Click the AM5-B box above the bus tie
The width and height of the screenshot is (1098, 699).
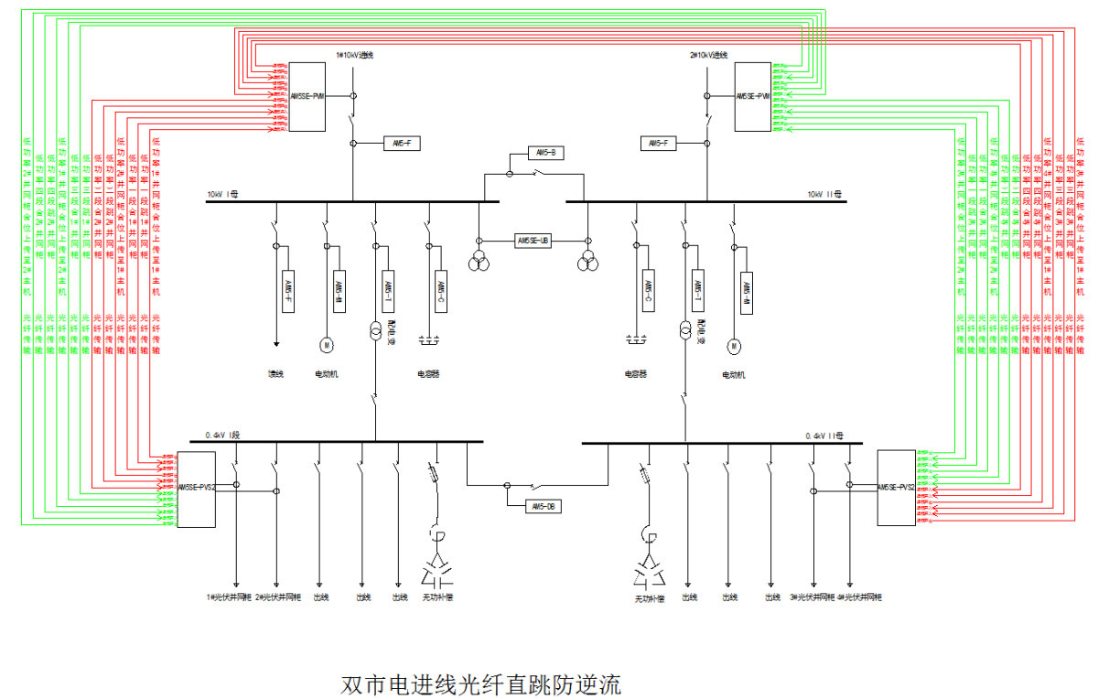(x=545, y=152)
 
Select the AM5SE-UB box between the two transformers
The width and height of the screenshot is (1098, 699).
(x=533, y=241)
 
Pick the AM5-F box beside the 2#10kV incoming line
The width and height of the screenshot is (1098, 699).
(x=658, y=144)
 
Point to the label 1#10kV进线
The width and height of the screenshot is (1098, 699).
(x=355, y=55)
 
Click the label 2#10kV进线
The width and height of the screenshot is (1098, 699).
(x=709, y=55)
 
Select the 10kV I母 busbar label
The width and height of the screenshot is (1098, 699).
(x=222, y=194)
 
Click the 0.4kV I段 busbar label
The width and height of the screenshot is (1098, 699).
(x=221, y=435)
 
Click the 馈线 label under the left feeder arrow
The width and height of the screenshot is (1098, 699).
(x=275, y=373)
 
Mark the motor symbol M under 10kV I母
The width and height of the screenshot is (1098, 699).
(x=327, y=345)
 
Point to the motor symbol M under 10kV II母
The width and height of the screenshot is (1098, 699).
(x=733, y=346)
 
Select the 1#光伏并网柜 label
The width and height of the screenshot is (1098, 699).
(x=228, y=597)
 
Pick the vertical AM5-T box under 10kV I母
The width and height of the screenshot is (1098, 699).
(x=389, y=292)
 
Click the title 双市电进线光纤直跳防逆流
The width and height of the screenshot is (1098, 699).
(x=480, y=684)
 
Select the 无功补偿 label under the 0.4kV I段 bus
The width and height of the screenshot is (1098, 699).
(x=436, y=597)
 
